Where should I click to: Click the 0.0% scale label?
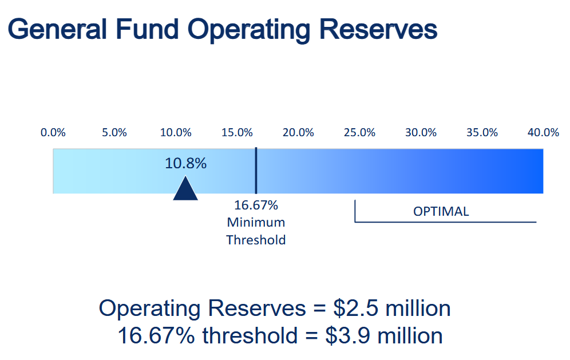point(53,133)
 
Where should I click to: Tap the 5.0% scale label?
point(114,133)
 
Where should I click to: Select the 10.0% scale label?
point(175,133)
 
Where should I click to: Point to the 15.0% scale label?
point(237,133)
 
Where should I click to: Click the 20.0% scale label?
point(298,133)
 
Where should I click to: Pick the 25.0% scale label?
point(359,133)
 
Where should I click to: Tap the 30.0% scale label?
point(421,133)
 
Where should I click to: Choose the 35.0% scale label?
point(482,133)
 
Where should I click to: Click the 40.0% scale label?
point(543,133)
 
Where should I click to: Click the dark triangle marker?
point(185,190)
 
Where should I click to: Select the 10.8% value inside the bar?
point(185,164)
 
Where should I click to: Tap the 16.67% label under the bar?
point(256,205)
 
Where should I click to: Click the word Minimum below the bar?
point(256,222)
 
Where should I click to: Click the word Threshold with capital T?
point(256,240)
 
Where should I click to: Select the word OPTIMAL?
point(441,211)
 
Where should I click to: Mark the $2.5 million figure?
point(392,309)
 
